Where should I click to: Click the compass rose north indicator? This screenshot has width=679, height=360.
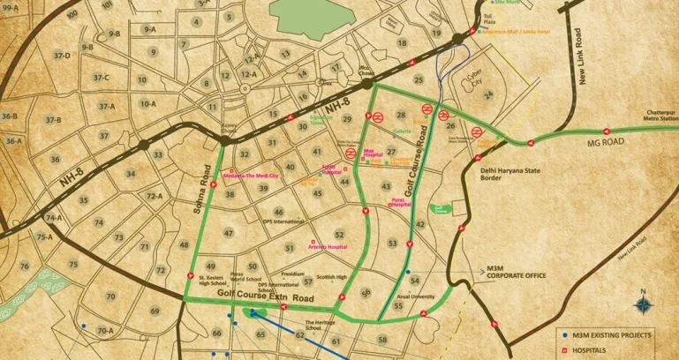pyautogui.click(x=644, y=304)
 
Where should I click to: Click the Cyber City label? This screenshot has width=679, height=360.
pyautogui.click(x=463, y=79)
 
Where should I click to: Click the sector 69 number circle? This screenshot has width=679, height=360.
pyautogui.click(x=155, y=311)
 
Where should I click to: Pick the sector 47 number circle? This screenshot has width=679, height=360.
pyautogui.click(x=229, y=233)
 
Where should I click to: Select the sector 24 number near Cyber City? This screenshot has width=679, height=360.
pyautogui.click(x=488, y=93)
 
